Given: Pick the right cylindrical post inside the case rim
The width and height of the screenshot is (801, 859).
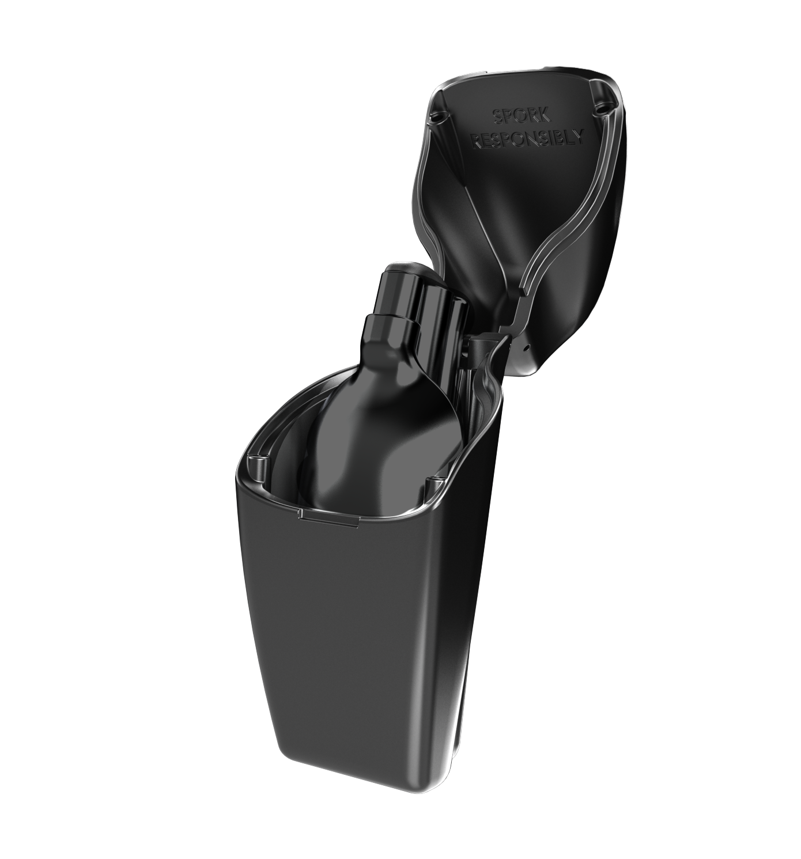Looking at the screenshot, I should (432, 483).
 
